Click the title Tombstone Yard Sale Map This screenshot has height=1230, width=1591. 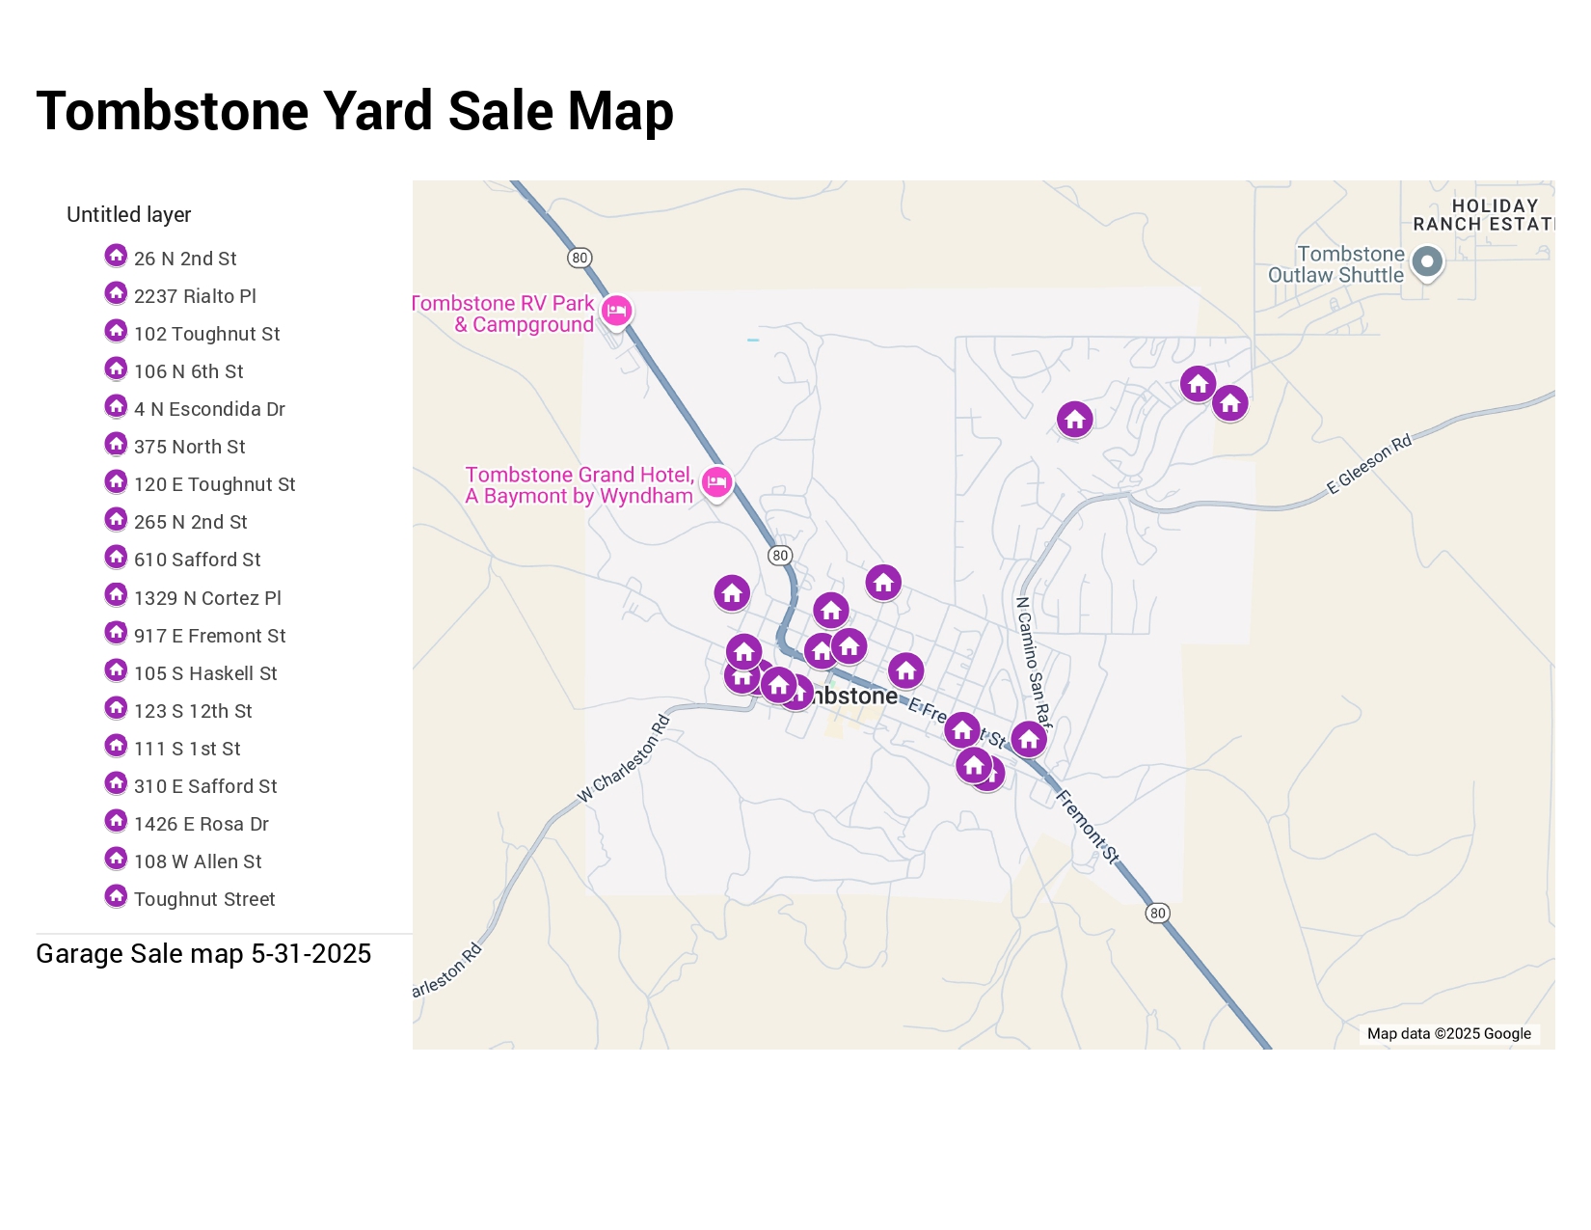[354, 111]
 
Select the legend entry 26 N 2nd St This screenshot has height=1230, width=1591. [185, 259]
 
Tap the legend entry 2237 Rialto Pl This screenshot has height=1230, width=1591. [195, 296]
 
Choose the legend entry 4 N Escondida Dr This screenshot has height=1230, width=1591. [209, 409]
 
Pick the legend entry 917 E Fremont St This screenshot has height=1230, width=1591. [209, 636]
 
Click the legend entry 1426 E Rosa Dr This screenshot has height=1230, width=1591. [201, 824]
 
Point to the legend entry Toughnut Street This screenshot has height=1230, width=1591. [204, 899]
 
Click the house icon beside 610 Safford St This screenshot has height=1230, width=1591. [116, 558]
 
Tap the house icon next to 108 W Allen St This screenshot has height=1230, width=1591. [116, 860]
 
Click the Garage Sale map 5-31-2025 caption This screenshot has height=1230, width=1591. [203, 954]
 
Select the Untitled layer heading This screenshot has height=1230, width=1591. [128, 214]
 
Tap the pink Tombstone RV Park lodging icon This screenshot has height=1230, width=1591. [616, 311]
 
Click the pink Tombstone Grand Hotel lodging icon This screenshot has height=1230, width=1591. [716, 481]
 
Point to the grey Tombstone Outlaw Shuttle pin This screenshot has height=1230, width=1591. [1427, 261]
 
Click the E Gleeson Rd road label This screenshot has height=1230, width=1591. [1368, 464]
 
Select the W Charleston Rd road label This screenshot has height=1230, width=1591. [623, 759]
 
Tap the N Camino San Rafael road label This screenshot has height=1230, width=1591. [1033, 661]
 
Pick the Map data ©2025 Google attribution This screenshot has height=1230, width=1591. [1448, 1033]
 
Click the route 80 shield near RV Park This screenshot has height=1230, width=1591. [580, 258]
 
